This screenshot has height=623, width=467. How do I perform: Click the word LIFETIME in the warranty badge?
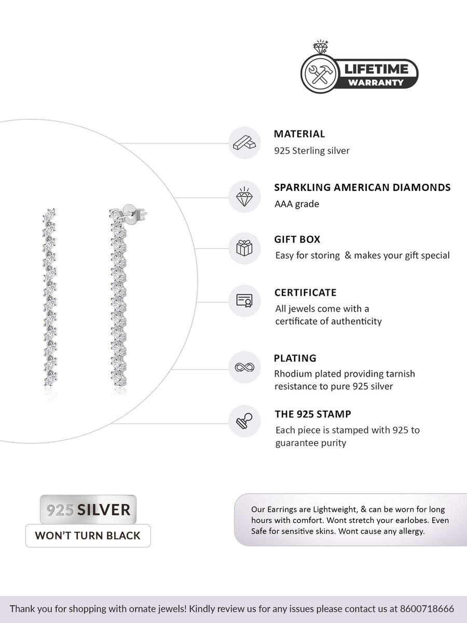[x=377, y=69]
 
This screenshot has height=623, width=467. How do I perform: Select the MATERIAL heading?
[x=299, y=134]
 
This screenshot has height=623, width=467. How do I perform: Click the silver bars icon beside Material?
[x=244, y=143]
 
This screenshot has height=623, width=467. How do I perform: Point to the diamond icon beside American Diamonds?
[x=244, y=197]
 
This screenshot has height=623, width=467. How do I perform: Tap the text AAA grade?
[x=297, y=204]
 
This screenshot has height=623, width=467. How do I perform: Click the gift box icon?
[x=244, y=248]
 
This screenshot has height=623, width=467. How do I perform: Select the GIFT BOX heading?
[x=297, y=240]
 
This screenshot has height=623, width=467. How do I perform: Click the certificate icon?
[x=244, y=301]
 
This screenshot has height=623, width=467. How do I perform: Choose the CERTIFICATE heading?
[x=306, y=293]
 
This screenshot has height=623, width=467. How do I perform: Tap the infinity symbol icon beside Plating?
[x=244, y=368]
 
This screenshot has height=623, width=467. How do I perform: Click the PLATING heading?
[x=295, y=358]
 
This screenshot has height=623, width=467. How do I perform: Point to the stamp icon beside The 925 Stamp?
[x=244, y=421]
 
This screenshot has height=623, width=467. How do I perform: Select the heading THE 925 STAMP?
[x=313, y=414]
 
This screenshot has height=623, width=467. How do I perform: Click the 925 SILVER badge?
[x=88, y=509]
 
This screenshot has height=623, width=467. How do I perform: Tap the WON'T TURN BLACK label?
[x=88, y=535]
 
